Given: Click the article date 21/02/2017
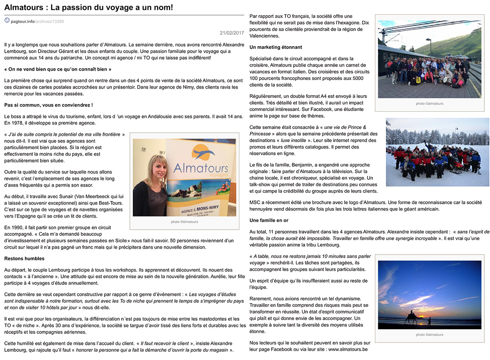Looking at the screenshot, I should click(x=232, y=33).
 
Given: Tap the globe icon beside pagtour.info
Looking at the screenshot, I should click(x=7, y=20).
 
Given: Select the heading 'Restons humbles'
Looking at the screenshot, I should click(x=24, y=259).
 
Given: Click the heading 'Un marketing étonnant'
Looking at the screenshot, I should click(x=276, y=47).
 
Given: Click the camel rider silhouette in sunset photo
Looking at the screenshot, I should click(x=410, y=315).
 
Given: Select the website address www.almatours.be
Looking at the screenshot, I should click(x=348, y=349).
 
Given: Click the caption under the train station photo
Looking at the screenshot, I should click(x=429, y=104).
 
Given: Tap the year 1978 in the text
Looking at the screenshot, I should click(x=18, y=123).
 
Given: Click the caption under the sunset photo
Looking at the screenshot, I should click(x=429, y=335).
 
